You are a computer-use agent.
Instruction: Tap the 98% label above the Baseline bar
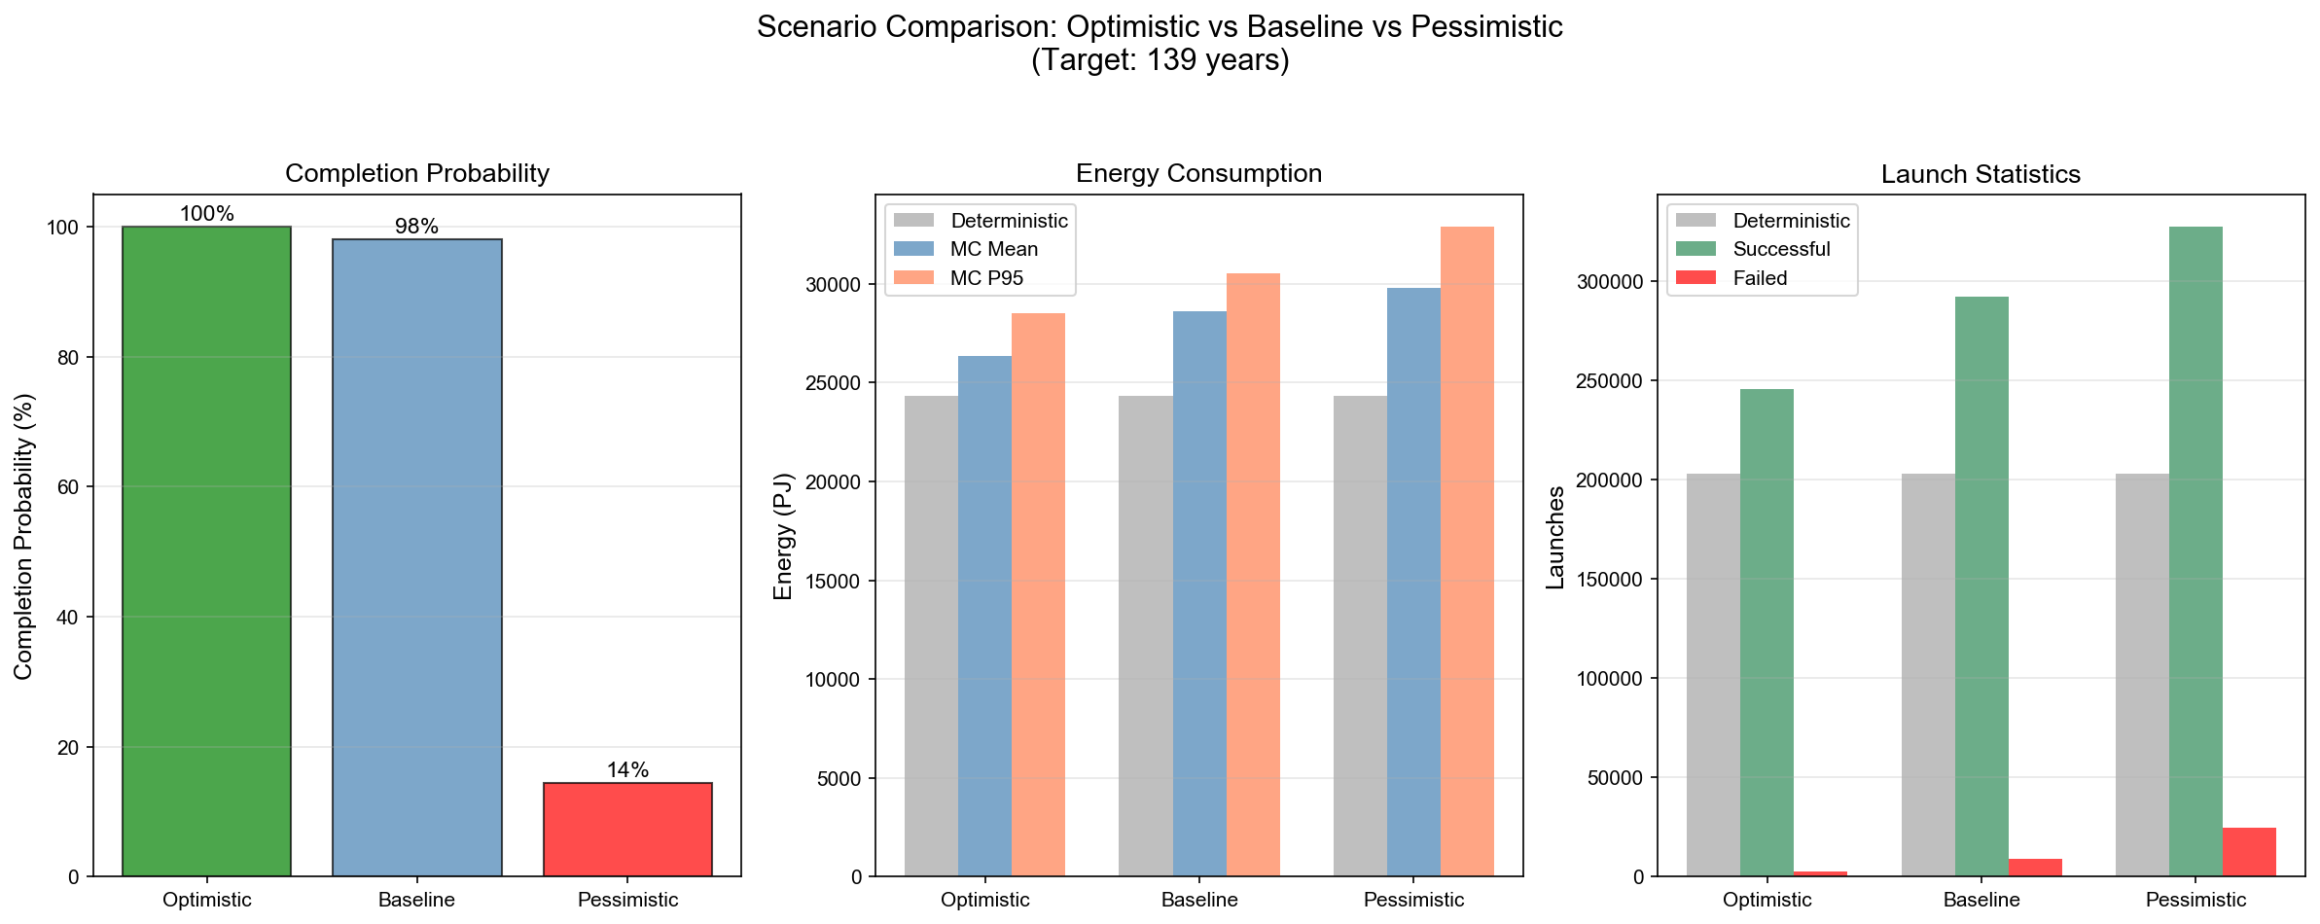coord(416,227)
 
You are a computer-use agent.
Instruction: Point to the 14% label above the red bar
coord(627,770)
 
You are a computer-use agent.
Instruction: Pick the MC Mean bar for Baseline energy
coord(1199,593)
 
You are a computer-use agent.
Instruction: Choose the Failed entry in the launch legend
coord(1760,278)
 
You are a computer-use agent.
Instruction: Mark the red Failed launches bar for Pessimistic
coord(2249,852)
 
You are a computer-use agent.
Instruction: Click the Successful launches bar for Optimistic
coord(1767,632)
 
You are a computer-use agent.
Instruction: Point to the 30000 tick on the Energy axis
coord(834,285)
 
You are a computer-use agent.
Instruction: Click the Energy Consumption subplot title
coord(1198,173)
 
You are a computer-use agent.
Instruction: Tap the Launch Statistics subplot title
coord(1981,174)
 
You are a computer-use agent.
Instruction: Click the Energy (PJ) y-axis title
coord(784,536)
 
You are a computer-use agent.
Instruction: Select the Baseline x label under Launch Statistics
coord(1981,900)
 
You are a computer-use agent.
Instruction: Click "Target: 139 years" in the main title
coord(1160,60)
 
